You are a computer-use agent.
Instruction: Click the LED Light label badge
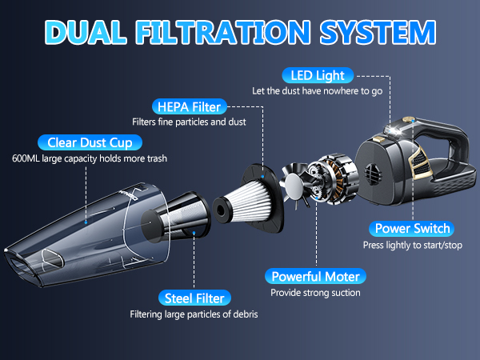click(318, 75)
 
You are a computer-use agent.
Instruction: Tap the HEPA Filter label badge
click(189, 107)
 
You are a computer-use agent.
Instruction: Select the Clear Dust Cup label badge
click(90, 142)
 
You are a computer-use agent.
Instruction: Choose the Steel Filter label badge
click(194, 298)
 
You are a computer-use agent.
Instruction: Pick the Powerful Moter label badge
click(315, 277)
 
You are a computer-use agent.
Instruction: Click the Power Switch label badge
click(412, 229)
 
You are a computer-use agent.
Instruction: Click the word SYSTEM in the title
click(378, 32)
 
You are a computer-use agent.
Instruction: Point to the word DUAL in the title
click(86, 32)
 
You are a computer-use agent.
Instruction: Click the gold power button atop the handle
click(408, 119)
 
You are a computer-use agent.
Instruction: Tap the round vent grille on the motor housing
click(372, 174)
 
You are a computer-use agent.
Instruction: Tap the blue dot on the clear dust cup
click(86, 222)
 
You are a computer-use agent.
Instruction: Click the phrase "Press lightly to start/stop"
click(412, 246)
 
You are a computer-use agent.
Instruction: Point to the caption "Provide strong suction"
click(315, 293)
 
